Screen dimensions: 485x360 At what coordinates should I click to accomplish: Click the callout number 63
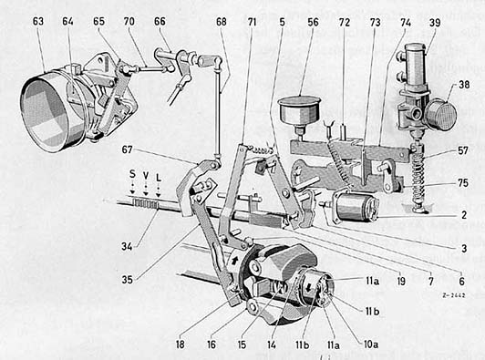pos(38,22)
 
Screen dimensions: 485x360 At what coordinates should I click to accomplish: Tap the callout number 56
pos(313,22)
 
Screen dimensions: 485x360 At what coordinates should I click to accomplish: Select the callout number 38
pos(464,85)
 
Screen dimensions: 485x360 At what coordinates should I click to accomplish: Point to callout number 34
pos(127,246)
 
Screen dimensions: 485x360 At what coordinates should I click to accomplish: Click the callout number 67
pos(127,150)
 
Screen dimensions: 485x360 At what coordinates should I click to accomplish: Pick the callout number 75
pos(463,183)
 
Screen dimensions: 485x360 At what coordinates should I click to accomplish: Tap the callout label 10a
pos(371,345)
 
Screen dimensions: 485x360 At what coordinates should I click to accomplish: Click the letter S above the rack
pos(132,174)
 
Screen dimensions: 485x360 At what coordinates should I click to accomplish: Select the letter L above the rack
pos(159,178)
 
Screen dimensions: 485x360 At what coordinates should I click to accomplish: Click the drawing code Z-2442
pos(454,295)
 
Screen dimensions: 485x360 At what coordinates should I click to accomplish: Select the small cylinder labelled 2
pos(356,206)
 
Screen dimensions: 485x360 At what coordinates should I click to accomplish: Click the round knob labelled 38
pos(440,115)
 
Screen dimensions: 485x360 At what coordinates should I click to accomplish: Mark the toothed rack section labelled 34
pos(146,203)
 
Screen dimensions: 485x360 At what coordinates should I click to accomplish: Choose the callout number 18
pos(180,345)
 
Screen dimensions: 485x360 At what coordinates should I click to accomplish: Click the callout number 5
pos(282,22)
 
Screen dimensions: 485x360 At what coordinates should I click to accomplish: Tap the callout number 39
pos(435,22)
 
